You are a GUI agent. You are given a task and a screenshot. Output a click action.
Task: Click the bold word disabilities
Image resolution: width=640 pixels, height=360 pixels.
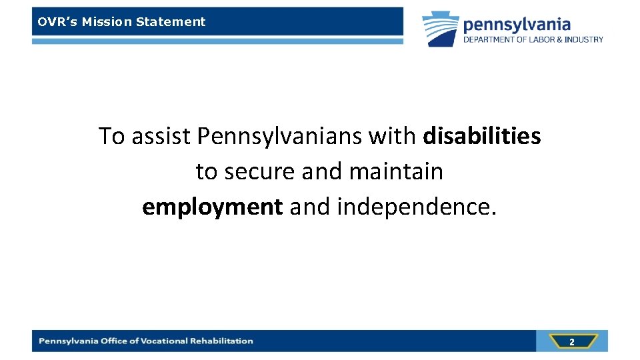[x=482, y=136]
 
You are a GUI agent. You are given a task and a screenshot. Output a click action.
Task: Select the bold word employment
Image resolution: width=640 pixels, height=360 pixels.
[x=213, y=207]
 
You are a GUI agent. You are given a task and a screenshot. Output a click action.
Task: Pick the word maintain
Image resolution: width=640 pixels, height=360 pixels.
[x=396, y=171]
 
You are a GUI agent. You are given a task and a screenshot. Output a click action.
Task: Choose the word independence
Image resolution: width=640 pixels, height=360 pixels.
[x=417, y=207]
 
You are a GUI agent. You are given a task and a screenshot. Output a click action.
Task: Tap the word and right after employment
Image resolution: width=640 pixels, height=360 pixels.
[x=310, y=207]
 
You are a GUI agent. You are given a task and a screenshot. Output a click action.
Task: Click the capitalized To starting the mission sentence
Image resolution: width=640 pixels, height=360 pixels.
[x=112, y=136]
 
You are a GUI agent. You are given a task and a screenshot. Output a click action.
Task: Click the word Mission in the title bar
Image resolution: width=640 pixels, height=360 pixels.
[x=107, y=21]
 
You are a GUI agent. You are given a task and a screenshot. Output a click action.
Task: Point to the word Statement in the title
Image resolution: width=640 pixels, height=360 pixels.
[x=171, y=21]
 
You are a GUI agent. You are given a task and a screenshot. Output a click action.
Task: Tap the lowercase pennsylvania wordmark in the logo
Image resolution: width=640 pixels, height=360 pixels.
[x=517, y=25]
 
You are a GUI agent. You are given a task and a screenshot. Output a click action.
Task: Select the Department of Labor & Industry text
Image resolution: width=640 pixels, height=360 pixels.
[x=533, y=39]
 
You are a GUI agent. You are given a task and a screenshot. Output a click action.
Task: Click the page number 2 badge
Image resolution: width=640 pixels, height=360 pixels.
[x=571, y=341]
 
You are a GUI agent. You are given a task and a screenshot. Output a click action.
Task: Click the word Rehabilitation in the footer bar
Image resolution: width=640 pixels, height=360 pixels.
[x=222, y=341]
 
